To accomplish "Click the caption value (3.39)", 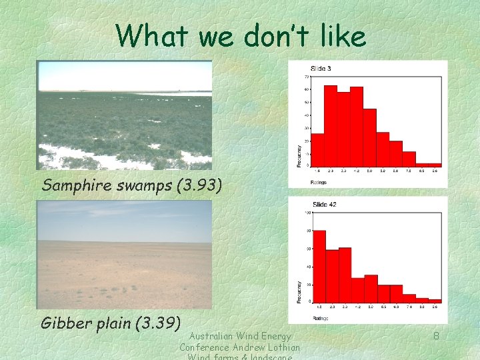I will click(157, 323).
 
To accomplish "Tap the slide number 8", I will click(436, 336).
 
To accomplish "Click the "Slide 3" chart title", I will click(321, 69).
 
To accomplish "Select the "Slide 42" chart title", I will click(324, 204).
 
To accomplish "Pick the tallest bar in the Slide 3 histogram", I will click(331, 125).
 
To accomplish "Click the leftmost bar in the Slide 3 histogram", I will click(317, 149).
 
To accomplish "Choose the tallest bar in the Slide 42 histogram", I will click(319, 266).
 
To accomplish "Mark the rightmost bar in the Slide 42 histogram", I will click(435, 300).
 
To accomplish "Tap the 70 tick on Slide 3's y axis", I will click(307, 77).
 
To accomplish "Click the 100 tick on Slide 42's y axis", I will click(307, 213).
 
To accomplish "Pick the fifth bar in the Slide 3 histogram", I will click(369, 137).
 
